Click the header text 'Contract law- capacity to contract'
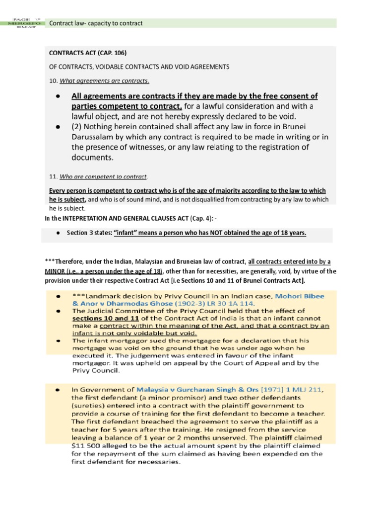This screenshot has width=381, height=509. pyautogui.click(x=96, y=23)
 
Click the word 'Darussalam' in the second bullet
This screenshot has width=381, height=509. pyautogui.click(x=94, y=137)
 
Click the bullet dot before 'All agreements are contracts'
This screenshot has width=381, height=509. pyautogui.click(x=58, y=96)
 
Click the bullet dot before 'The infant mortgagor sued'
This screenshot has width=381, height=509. pyautogui.click(x=58, y=341)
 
